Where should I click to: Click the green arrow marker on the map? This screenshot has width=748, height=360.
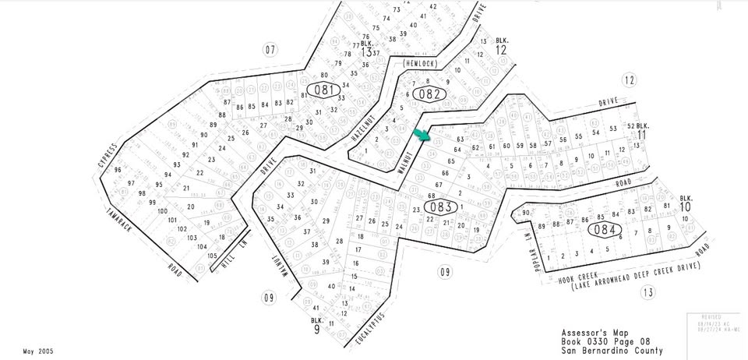pyautogui.click(x=422, y=135)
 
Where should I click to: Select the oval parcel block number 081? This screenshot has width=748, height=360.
pyautogui.click(x=323, y=90)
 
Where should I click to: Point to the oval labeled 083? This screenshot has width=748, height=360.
pyautogui.click(x=441, y=206)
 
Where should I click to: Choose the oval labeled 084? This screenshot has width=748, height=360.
pyautogui.click(x=605, y=230)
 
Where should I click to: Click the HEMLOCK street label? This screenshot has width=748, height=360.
pyautogui.click(x=421, y=63)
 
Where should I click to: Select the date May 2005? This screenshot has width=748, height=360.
pyautogui.click(x=39, y=351)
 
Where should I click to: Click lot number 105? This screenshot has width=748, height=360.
pyautogui.click(x=212, y=256)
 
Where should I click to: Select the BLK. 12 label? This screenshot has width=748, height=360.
pyautogui.click(x=500, y=45)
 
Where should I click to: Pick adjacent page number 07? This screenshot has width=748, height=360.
pyautogui.click(x=270, y=51)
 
